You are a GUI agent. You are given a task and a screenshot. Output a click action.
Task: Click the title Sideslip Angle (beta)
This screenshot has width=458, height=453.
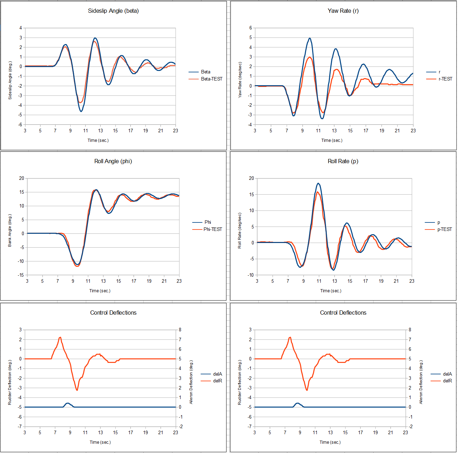[x=113, y=11]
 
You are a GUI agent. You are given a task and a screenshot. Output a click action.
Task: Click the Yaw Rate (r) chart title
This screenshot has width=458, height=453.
[x=343, y=11]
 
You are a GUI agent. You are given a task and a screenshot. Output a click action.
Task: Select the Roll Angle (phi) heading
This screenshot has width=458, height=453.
[x=113, y=161]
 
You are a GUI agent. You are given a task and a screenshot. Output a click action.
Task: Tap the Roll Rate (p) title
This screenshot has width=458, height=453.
[x=343, y=161]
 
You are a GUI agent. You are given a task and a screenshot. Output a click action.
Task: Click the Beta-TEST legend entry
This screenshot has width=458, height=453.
[x=211, y=79]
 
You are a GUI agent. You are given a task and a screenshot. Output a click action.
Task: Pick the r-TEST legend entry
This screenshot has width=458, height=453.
[x=445, y=79]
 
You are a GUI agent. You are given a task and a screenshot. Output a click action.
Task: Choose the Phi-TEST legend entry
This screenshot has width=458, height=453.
[x=213, y=229]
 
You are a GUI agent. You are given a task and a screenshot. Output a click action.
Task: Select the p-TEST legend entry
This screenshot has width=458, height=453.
[x=445, y=229]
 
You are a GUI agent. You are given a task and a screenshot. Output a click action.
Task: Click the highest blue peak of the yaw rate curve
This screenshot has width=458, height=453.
[x=310, y=38]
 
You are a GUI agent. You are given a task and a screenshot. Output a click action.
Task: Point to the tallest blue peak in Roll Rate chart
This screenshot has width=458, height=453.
[x=318, y=183]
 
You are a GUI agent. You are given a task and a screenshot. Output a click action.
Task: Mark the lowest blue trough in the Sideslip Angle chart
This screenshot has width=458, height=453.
[x=81, y=111]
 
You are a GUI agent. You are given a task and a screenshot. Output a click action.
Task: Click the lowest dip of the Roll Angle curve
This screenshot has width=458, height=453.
[x=77, y=264]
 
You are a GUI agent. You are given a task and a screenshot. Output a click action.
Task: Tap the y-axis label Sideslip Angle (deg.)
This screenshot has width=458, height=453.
[x=10, y=80]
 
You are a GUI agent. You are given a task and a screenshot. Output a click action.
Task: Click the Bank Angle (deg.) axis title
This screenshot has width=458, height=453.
[x=10, y=231]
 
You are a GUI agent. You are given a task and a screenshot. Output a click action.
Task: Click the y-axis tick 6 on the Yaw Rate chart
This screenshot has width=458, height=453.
[x=250, y=28]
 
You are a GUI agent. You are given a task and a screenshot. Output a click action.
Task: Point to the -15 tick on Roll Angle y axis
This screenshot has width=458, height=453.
[x=22, y=275]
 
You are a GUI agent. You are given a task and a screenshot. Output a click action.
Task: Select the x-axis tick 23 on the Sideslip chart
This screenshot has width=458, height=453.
[x=176, y=131]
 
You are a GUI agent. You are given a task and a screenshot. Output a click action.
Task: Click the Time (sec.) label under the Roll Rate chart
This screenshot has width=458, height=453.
[x=331, y=291]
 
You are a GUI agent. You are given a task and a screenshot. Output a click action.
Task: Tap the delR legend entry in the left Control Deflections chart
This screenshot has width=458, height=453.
[x=217, y=381]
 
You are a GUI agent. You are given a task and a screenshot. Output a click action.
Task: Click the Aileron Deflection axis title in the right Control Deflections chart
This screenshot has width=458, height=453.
[x=421, y=382]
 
